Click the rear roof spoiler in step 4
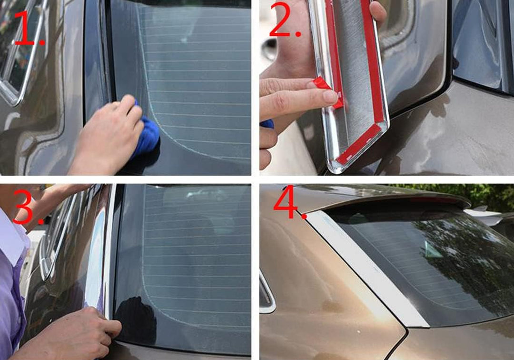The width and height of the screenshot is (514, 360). click(405, 195)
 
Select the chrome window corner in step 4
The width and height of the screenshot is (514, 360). click(267, 295)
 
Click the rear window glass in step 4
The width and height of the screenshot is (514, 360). click(428, 257)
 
